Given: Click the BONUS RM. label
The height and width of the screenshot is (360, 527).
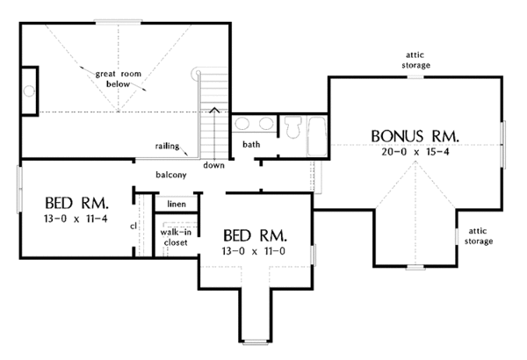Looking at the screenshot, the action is click(415, 136).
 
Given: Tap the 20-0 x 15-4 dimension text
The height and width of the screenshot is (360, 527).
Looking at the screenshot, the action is click(415, 152).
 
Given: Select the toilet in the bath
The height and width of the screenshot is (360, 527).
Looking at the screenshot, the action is click(292, 127).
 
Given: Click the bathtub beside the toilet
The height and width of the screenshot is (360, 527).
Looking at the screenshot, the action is click(316, 136).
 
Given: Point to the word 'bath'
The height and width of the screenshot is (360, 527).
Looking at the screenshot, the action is click(251, 144).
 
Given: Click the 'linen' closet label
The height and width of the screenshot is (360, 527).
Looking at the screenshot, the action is click(177, 204).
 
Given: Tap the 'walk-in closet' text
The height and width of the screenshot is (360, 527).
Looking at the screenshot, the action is click(176, 237).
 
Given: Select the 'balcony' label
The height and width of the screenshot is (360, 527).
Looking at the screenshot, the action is click(171, 175).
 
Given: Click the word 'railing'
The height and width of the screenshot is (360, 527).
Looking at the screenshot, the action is click(167, 147).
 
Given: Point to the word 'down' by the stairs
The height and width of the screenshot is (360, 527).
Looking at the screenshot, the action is click(213, 165).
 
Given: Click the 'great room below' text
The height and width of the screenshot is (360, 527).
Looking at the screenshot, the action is click(118, 79).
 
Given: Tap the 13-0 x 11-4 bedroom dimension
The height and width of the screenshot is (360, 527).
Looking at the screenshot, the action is click(76, 219).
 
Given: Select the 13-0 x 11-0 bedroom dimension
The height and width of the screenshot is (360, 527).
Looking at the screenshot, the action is click(254, 251).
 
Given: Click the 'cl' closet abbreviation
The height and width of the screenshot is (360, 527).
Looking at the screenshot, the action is click(134, 227).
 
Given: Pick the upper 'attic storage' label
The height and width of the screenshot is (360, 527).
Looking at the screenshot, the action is click(415, 60).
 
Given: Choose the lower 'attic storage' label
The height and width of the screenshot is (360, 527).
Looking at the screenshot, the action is click(479, 236).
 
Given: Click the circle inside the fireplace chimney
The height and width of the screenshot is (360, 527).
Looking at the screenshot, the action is click(29, 90).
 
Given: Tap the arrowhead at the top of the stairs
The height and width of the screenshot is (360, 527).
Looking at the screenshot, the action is click(214, 110).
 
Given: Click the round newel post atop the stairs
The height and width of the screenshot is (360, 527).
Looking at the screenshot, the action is click(199, 72).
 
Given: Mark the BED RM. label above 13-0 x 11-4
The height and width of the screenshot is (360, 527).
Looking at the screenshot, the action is click(77, 203).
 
